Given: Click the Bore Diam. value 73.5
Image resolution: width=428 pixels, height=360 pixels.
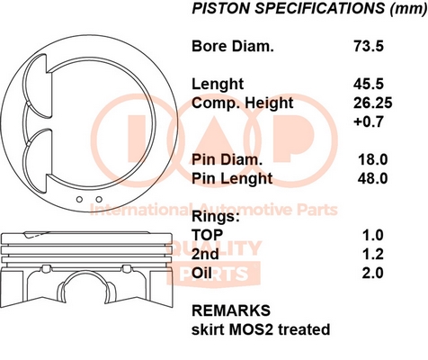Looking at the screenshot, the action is [x=369, y=46].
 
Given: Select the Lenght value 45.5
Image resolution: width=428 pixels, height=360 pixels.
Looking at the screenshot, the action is [x=369, y=84].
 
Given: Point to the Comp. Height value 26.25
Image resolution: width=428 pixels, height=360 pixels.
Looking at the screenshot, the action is [x=372, y=103].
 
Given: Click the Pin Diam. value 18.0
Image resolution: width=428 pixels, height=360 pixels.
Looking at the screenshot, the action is [x=373, y=159].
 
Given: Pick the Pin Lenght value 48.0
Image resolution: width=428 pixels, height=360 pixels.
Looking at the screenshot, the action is [x=372, y=178].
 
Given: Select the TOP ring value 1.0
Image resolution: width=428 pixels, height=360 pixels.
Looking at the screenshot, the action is [x=373, y=235].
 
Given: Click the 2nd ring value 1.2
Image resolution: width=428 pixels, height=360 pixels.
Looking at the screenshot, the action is [x=373, y=254].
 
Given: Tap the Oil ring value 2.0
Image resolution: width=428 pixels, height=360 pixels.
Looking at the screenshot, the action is [x=372, y=273].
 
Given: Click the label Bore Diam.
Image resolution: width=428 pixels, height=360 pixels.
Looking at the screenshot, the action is [x=233, y=46].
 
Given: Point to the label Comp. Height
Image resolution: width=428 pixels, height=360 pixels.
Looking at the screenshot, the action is [x=243, y=103].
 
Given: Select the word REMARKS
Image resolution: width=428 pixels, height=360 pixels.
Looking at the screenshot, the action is [x=231, y=310].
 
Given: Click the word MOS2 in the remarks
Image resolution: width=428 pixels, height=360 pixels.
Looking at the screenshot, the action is [x=251, y=329].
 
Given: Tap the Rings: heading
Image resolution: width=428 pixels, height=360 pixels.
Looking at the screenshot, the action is [x=216, y=217].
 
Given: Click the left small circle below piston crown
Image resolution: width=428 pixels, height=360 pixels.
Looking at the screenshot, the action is [x=79, y=200].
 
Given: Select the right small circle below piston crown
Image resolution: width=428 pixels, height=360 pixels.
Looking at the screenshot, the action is [x=99, y=199].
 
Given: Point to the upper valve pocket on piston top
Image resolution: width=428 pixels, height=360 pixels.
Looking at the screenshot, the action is [x=36, y=87].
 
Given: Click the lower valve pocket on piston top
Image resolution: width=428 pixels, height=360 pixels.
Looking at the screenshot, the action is [x=34, y=160].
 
